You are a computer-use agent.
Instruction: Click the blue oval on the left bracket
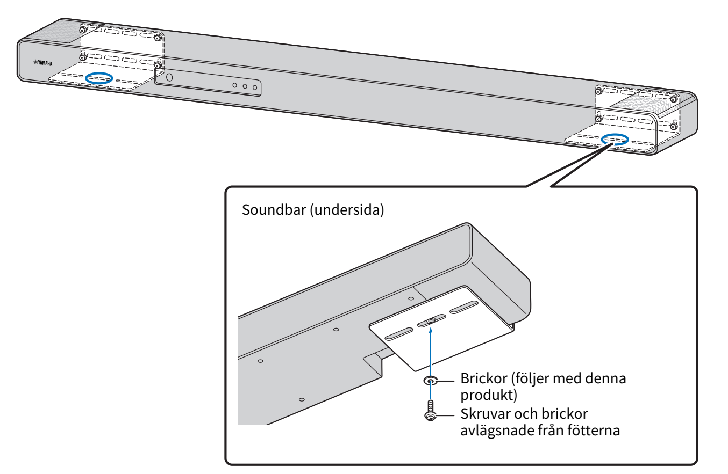(x=99, y=78)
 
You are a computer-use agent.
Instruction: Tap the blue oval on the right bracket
(x=614, y=139)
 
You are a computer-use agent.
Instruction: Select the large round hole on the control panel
(x=170, y=77)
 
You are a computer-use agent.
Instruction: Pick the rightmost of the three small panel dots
(x=254, y=87)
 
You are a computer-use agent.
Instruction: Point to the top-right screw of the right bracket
(x=674, y=100)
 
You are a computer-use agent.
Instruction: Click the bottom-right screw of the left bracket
(x=157, y=67)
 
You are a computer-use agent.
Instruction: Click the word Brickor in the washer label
(x=480, y=379)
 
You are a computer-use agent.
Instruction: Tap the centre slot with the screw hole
(x=431, y=320)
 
